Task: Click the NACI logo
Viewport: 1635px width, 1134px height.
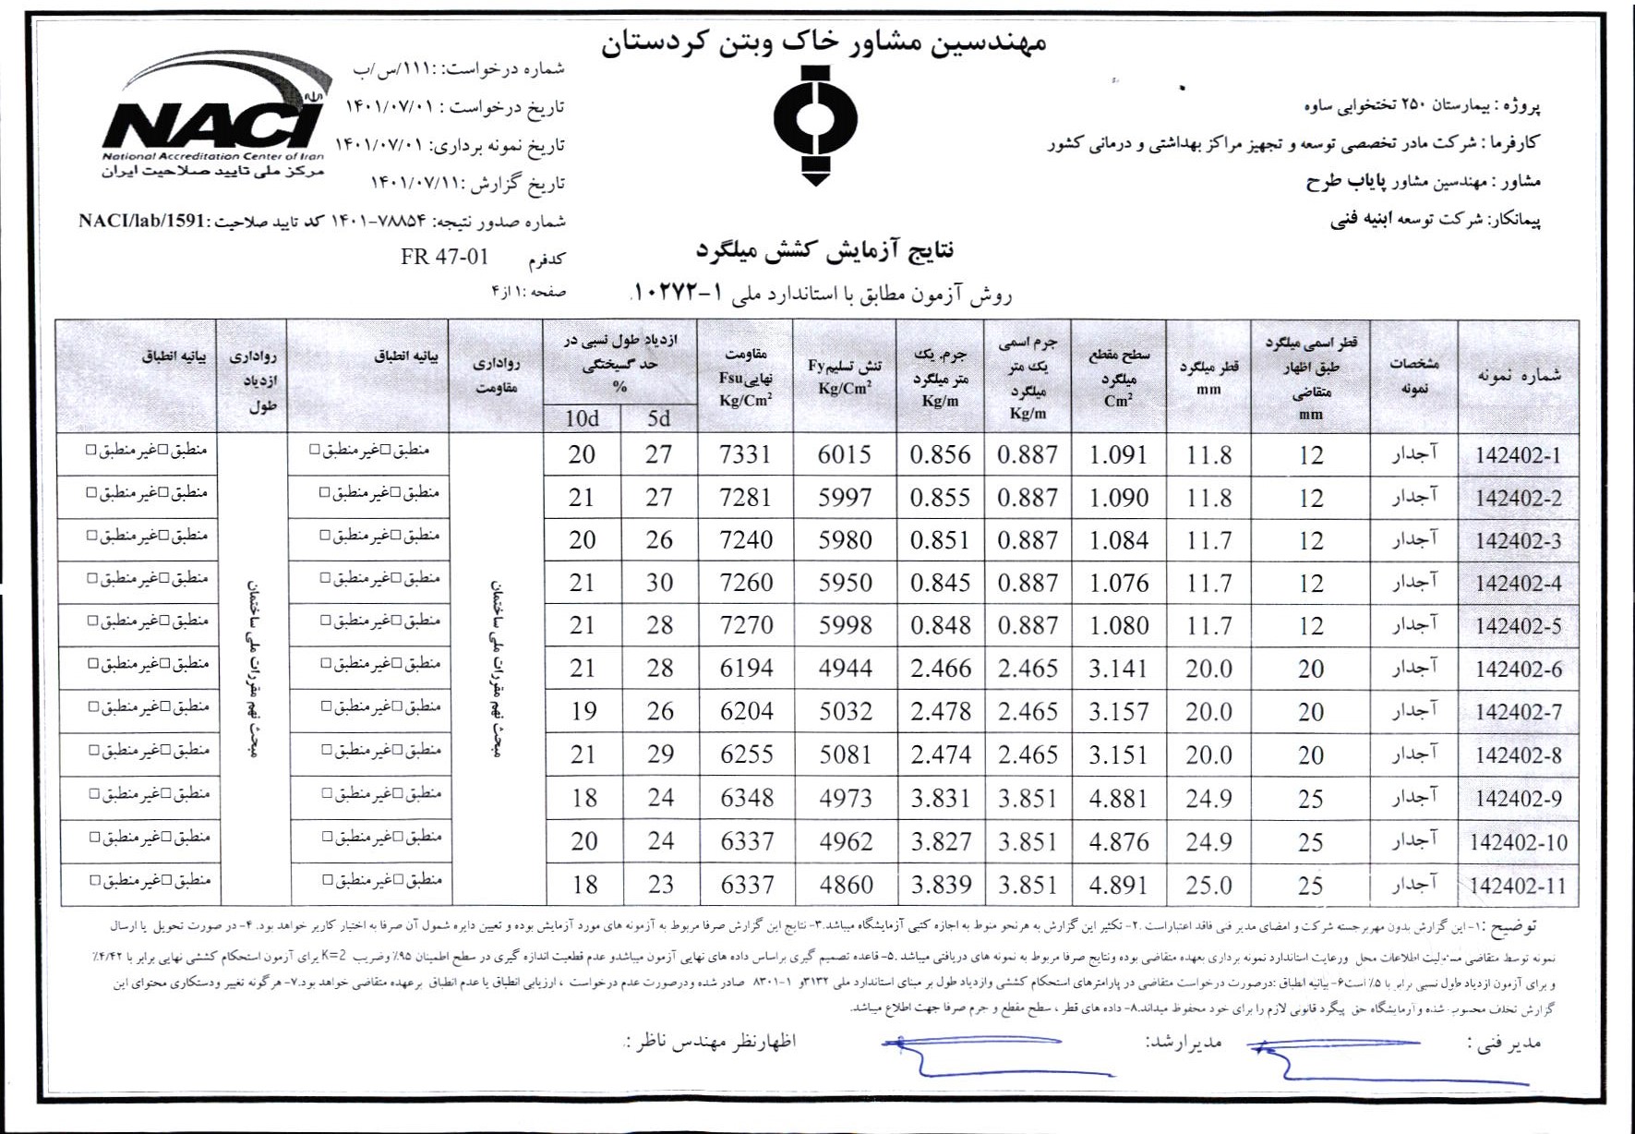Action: tap(213, 111)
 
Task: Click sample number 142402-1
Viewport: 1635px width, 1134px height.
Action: tap(1518, 455)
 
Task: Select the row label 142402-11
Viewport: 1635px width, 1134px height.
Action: tap(1518, 886)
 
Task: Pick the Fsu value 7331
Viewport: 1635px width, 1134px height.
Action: tap(745, 454)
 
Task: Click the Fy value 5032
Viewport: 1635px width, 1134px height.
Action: tap(845, 711)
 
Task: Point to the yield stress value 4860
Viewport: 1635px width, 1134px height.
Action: tap(845, 885)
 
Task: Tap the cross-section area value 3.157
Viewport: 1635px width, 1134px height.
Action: tap(1118, 712)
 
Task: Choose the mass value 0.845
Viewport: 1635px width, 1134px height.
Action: tap(940, 583)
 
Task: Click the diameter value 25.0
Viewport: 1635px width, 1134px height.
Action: tap(1208, 886)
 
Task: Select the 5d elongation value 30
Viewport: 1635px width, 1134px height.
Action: tap(659, 583)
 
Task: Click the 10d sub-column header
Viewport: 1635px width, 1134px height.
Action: tap(582, 418)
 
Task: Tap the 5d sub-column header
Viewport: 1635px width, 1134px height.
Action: tap(658, 418)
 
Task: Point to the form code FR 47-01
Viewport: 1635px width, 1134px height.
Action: tap(444, 257)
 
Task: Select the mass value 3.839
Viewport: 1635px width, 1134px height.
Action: tap(941, 885)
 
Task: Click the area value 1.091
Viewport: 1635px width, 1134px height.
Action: tap(1118, 455)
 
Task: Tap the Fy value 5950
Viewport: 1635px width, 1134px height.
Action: tap(845, 583)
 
